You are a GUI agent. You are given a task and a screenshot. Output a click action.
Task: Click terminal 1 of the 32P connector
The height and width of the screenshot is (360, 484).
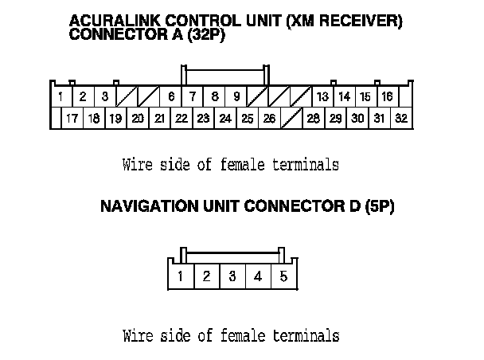coord(60,97)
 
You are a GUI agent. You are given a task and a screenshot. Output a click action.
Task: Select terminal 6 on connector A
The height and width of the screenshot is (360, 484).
coord(171,97)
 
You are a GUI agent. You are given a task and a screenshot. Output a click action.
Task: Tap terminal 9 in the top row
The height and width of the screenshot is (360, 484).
coord(237,97)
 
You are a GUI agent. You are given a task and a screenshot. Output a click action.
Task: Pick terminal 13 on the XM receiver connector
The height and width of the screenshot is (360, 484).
coord(322,97)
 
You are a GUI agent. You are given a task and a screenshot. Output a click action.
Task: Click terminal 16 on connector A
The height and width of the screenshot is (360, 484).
coord(387,97)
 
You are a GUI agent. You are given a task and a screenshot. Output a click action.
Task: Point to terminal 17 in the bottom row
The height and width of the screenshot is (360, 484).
coord(72,119)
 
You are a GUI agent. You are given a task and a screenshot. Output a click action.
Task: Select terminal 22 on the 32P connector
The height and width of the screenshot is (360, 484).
coord(181,119)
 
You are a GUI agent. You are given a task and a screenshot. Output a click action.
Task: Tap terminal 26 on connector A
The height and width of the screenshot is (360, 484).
coord(269,119)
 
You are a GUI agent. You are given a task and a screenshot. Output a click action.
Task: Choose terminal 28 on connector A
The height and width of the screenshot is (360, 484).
coord(314,119)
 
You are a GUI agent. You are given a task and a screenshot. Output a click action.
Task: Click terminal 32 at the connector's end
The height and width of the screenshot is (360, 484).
coord(401,119)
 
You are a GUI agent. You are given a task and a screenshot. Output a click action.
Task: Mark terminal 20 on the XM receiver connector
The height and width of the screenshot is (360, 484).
coord(137,119)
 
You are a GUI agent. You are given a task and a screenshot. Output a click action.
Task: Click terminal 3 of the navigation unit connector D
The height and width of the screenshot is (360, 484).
coord(232,277)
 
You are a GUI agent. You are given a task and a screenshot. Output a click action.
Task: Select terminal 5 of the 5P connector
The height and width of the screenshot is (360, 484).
coord(283,277)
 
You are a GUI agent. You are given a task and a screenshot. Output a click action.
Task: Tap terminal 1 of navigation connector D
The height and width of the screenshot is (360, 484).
coord(181,277)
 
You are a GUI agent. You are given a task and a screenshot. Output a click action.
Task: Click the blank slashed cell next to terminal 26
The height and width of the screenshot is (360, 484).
coord(291,119)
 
